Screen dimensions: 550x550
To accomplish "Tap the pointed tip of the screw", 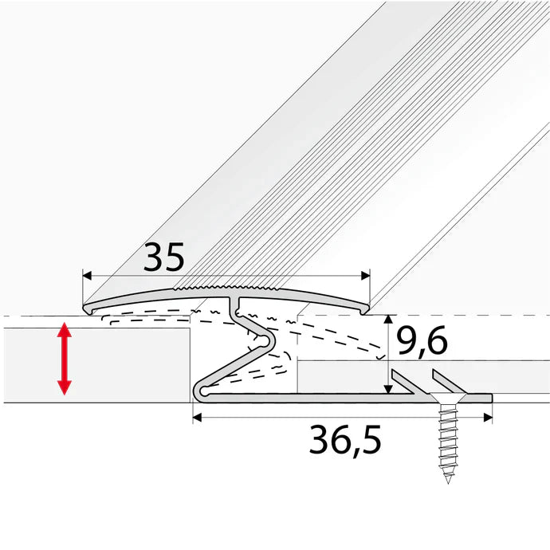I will [x=448, y=481].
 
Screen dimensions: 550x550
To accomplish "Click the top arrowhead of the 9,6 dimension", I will [x=387, y=320].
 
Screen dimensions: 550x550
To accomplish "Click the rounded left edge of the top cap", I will [x=88, y=305].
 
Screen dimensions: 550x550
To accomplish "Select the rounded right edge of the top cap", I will [x=366, y=304].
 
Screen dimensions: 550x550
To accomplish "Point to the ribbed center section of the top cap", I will [x=231, y=285].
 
